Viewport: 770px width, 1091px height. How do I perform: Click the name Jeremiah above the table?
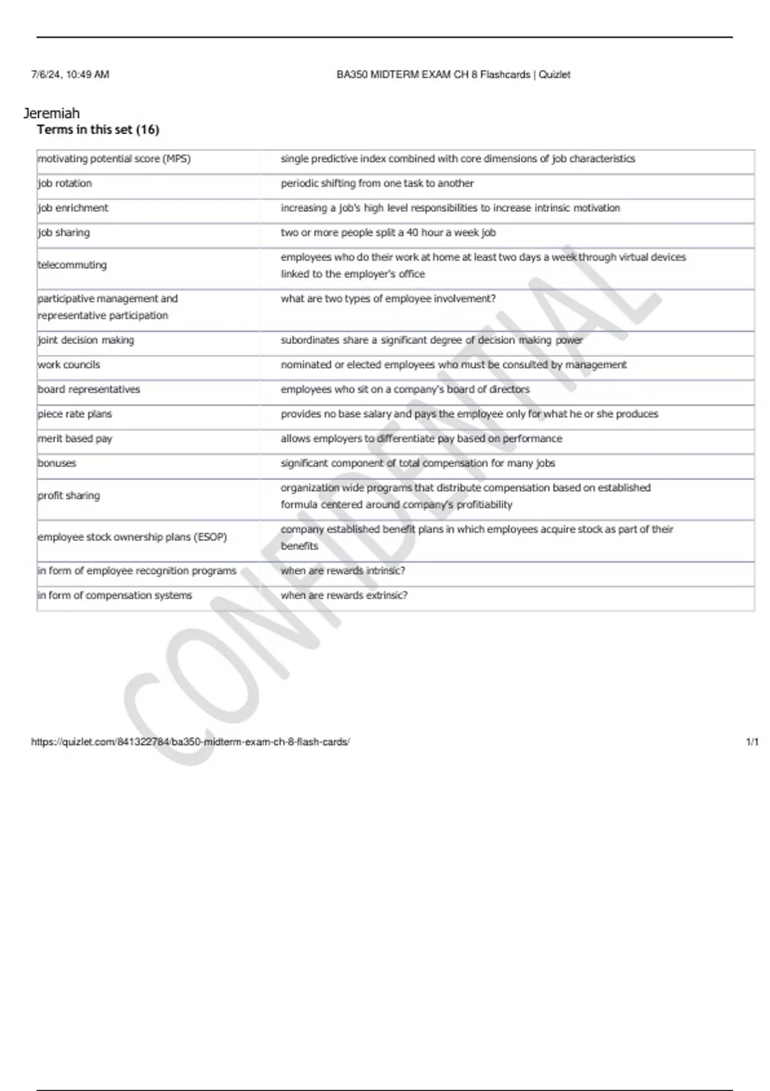coord(52,114)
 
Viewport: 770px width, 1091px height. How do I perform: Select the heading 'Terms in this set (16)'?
coord(98,130)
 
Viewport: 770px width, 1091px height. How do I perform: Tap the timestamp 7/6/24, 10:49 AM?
coord(71,74)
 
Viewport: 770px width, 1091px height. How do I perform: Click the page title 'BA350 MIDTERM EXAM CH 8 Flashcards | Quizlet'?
coord(453,74)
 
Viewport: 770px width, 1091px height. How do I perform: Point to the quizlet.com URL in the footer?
coord(191,742)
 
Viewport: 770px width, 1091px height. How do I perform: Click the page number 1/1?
coord(752,742)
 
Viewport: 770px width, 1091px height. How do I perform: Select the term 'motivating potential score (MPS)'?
coord(114,159)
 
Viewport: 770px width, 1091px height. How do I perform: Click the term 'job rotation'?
coord(65,184)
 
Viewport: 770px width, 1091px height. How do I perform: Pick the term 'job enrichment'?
coord(73,208)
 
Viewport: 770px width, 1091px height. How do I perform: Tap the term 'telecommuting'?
coord(73,265)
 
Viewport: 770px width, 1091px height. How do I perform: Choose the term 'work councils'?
coord(69,365)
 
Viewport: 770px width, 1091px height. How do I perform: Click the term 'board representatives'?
coord(89,390)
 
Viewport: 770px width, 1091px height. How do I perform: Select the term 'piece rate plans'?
coord(75,414)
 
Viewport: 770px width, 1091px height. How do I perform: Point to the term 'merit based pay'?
coord(75,439)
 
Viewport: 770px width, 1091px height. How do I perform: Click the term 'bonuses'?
coord(57,463)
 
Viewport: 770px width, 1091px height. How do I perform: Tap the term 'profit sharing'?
coord(69,495)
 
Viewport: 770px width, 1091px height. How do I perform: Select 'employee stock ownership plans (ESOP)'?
coord(133,537)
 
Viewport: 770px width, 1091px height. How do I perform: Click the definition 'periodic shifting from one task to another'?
coord(377,184)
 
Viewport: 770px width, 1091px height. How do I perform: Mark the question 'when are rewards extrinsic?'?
coord(344,596)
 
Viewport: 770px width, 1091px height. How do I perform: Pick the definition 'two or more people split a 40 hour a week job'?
coord(388,232)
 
